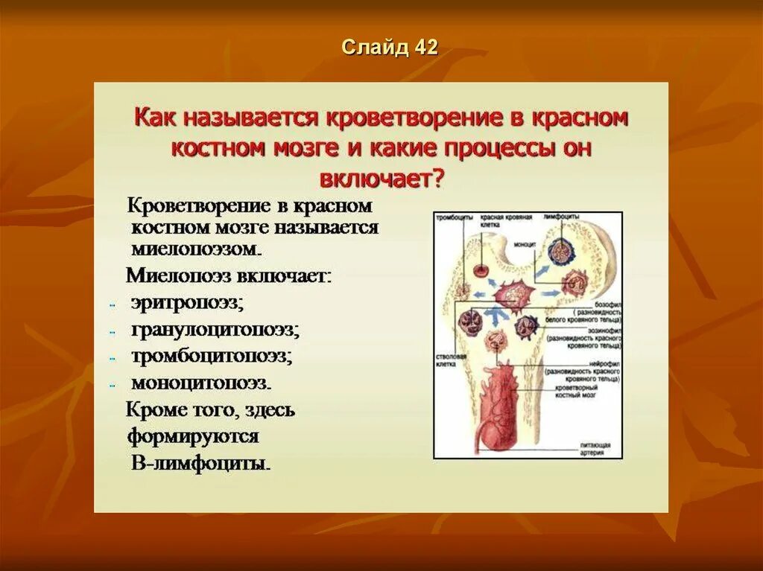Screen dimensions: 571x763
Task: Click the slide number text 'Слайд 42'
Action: [390, 48]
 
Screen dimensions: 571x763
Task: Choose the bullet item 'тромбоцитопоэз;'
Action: [211, 356]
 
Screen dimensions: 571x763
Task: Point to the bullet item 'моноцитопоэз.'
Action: [200, 383]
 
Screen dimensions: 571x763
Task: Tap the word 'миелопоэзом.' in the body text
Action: [196, 247]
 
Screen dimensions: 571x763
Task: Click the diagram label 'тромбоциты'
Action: [454, 217]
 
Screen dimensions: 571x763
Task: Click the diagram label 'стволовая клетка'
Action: [450, 360]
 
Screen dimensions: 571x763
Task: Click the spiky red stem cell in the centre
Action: [511, 295]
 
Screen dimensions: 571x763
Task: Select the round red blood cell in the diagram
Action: [481, 271]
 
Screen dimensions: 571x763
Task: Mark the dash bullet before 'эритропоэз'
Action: [110, 304]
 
